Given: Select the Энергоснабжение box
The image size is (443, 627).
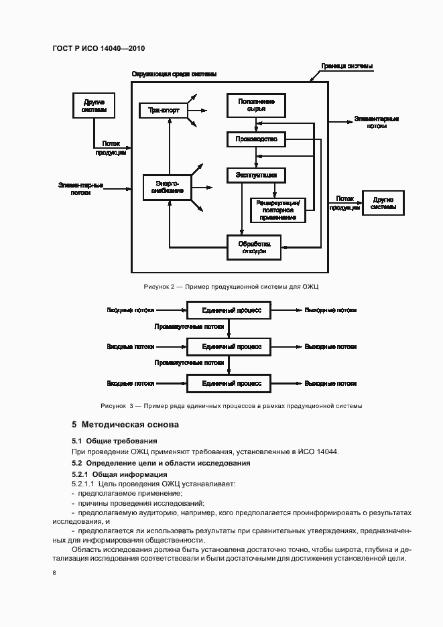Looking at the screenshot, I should click(x=167, y=186).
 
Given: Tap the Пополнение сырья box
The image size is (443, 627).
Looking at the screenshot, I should click(x=256, y=105).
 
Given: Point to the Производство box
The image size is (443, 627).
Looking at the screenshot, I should click(x=256, y=139).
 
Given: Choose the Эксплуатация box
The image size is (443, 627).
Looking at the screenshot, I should click(x=256, y=175).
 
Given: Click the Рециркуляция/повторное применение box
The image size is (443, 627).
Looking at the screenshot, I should click(x=278, y=210).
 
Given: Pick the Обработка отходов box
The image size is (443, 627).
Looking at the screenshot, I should click(x=254, y=247).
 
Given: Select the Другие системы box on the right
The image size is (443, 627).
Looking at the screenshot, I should click(x=383, y=202).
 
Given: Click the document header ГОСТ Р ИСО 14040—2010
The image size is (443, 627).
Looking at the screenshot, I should click(x=98, y=48).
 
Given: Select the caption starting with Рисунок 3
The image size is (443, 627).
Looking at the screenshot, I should click(x=231, y=406).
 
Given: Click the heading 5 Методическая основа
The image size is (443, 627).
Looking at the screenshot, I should click(x=125, y=425).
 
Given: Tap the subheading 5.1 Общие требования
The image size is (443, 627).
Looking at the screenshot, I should click(x=115, y=441).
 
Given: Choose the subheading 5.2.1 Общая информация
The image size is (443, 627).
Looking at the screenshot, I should click(x=120, y=474).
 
